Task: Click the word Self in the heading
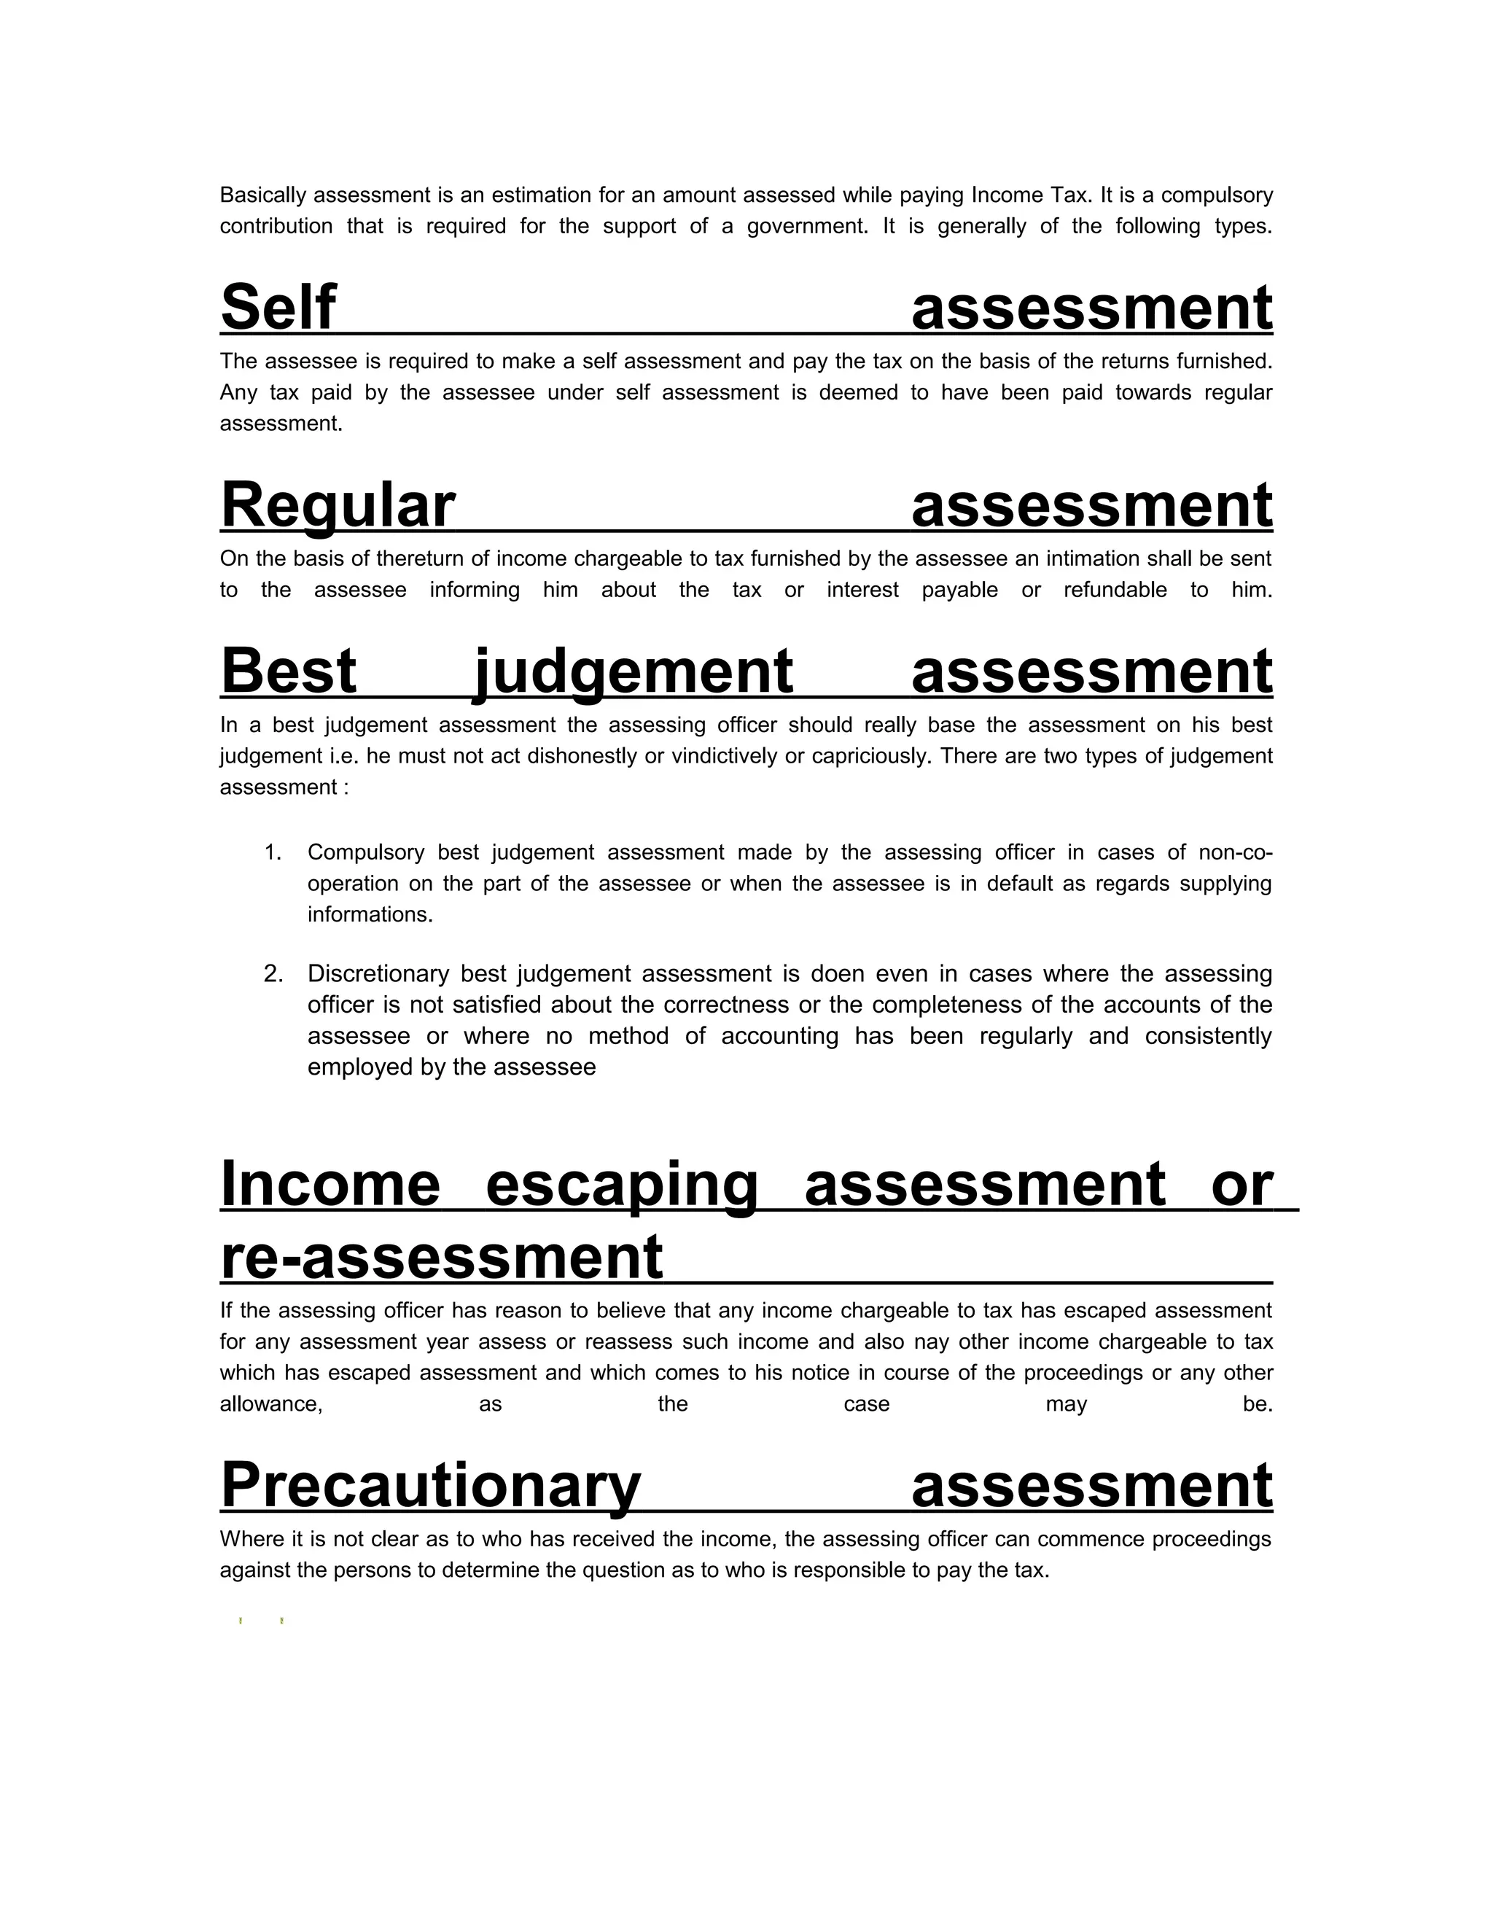click(278, 307)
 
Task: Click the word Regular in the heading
click(337, 505)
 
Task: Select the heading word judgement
click(634, 671)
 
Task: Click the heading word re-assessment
click(441, 1257)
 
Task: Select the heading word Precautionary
click(430, 1486)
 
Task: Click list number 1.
click(273, 853)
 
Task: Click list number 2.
click(273, 974)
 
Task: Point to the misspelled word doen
click(837, 974)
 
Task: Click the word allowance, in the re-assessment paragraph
click(271, 1405)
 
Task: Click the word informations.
click(370, 915)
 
